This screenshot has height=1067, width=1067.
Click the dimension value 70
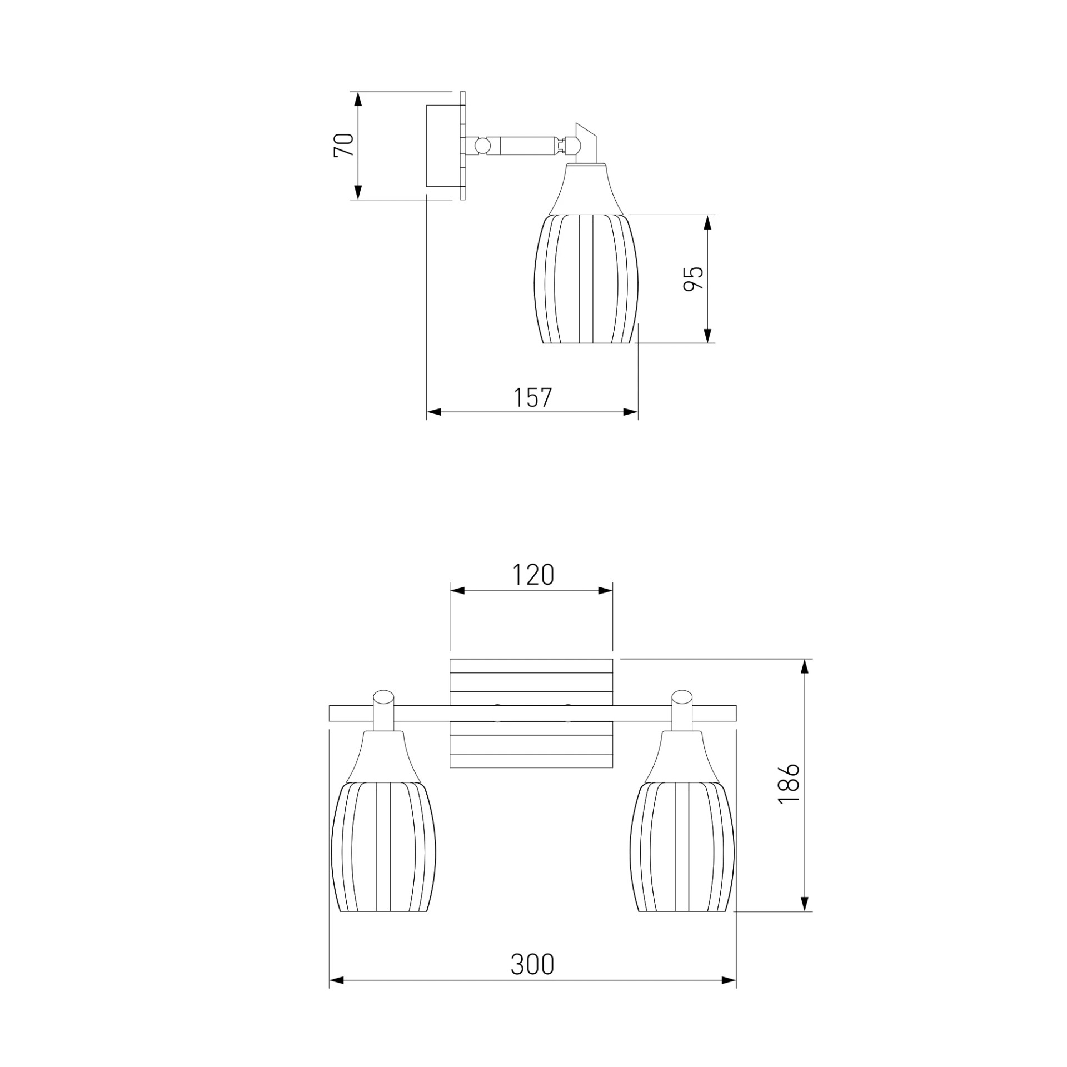pos(344,146)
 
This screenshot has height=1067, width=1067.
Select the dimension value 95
pos(693,278)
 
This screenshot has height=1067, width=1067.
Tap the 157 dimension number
pos(532,398)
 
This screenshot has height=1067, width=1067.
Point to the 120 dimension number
pos(532,575)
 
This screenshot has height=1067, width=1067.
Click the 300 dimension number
pos(532,965)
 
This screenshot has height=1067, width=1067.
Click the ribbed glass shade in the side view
pos(586,279)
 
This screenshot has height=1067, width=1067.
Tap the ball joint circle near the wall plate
pos(482,146)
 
